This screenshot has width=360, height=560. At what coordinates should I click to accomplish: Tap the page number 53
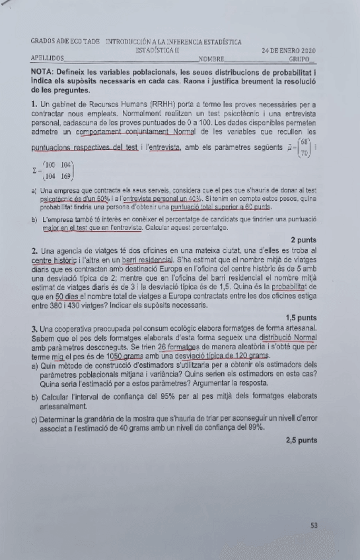click(x=314, y=526)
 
